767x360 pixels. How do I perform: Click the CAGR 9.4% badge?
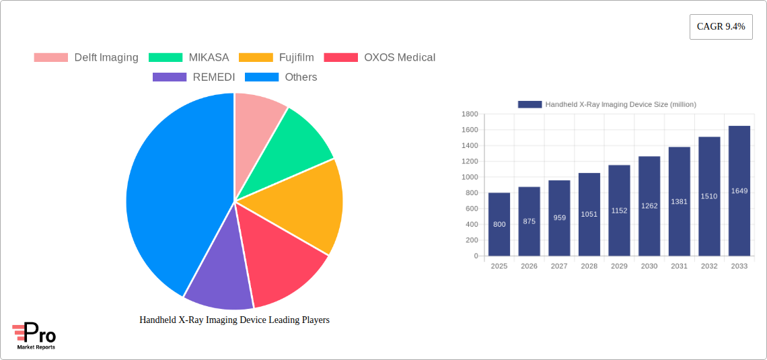coord(721,27)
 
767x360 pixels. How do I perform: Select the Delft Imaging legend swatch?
coord(51,58)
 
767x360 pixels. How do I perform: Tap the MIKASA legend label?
coord(209,58)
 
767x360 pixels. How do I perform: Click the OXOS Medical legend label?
coord(400,58)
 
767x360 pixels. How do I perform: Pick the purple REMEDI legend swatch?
coord(170,77)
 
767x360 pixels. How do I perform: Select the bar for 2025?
coord(499,225)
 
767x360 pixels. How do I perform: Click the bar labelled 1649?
coord(739,191)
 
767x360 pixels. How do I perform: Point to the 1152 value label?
coord(619,211)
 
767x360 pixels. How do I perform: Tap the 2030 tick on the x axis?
coord(649,266)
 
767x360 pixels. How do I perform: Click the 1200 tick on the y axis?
coord(469,161)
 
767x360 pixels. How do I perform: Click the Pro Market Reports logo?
coord(34,336)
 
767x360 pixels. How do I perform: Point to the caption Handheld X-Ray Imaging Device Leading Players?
coord(234,320)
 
